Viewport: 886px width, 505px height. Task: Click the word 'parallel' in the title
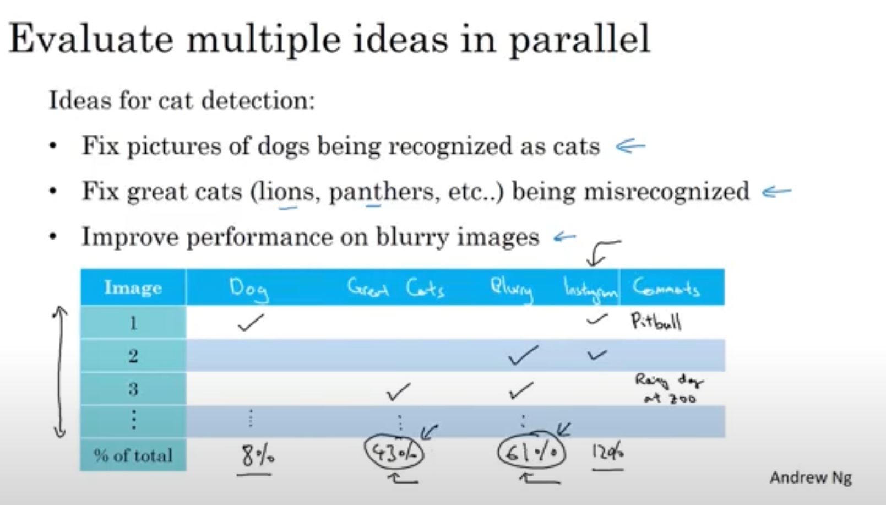tap(579, 40)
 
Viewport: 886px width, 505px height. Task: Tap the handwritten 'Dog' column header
tap(248, 289)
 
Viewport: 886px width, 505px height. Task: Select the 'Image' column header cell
tap(133, 287)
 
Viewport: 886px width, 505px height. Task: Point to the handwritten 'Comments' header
tap(666, 287)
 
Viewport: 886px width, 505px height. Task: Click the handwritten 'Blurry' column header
tap(512, 289)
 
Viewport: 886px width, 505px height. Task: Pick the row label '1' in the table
tap(133, 323)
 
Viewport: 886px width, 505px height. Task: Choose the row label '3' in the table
tap(133, 389)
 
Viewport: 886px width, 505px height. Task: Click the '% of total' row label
tap(133, 455)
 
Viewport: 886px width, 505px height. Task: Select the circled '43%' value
tap(394, 453)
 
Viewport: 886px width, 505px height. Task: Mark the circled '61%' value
tap(531, 453)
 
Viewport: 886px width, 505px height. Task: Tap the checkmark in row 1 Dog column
tap(251, 323)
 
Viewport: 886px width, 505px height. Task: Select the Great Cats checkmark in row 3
tap(398, 392)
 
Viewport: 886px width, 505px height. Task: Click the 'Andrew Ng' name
tap(811, 477)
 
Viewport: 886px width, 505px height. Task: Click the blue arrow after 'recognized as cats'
tap(630, 146)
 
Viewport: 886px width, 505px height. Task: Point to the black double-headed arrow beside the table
tap(60, 372)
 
